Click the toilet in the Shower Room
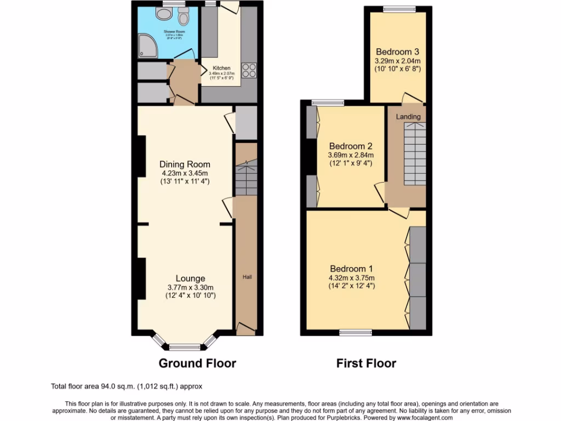(x=183, y=17)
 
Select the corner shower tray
(x=147, y=49)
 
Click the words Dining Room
(x=185, y=164)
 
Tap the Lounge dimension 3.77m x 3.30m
(x=190, y=288)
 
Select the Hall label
(x=247, y=277)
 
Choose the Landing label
(x=408, y=117)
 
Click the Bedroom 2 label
(x=351, y=146)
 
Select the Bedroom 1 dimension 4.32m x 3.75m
(x=351, y=278)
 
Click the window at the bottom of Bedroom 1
(x=354, y=332)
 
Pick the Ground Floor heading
(x=197, y=363)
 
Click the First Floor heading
(x=366, y=363)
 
